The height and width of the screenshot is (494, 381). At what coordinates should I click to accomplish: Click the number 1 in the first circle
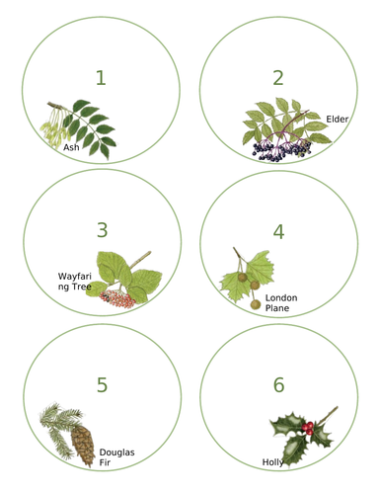tap(101, 77)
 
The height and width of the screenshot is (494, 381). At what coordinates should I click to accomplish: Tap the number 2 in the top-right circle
tap(278, 77)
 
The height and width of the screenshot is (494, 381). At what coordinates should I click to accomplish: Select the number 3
tap(101, 230)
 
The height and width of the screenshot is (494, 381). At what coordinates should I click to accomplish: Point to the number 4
tap(278, 231)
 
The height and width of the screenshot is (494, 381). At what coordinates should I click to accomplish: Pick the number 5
tap(101, 384)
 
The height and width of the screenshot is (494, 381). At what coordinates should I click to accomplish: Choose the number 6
tap(278, 384)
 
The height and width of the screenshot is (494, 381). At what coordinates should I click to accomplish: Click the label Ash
tap(71, 147)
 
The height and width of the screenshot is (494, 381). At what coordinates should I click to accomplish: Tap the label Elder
tap(338, 120)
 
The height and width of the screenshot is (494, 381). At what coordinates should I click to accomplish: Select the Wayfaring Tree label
tap(75, 283)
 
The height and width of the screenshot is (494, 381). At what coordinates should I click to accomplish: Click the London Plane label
tap(281, 302)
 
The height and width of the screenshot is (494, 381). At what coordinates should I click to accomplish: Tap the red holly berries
tap(309, 428)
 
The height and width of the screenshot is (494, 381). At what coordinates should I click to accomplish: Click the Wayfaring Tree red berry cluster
tap(119, 297)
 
